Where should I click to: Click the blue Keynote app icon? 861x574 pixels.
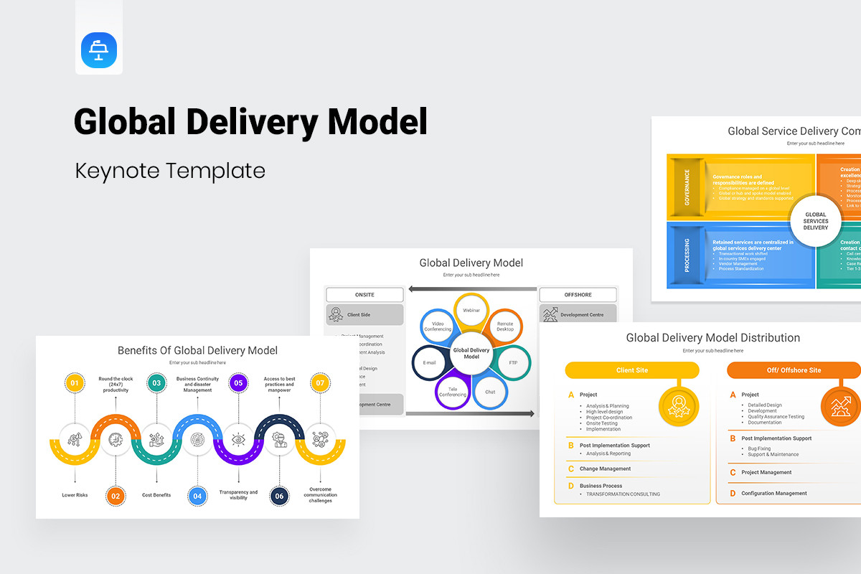click(x=99, y=50)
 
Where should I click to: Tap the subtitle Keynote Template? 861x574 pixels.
click(x=169, y=171)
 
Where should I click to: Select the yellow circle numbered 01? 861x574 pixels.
click(x=74, y=383)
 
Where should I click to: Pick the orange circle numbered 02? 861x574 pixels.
click(x=116, y=495)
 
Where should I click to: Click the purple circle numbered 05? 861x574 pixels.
click(x=239, y=383)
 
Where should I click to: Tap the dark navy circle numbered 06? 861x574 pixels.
click(x=280, y=495)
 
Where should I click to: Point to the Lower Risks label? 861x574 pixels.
click(x=75, y=495)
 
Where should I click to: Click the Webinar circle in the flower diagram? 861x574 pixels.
click(x=471, y=311)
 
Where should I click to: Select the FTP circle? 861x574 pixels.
click(x=513, y=362)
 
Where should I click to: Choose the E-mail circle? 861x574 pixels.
click(x=430, y=362)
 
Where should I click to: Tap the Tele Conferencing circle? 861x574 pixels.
click(x=452, y=391)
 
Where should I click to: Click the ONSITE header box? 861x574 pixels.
click(x=364, y=295)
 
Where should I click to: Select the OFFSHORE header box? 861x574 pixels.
click(x=577, y=295)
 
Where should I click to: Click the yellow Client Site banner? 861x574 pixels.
click(x=632, y=370)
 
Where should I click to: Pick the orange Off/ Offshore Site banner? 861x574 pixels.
click(x=794, y=370)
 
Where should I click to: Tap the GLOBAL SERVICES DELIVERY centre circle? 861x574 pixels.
click(x=816, y=221)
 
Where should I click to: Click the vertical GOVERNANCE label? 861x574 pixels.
click(x=687, y=187)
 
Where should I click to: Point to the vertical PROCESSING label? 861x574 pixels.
click(x=687, y=255)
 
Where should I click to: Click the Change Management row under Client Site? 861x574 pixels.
click(x=606, y=469)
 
